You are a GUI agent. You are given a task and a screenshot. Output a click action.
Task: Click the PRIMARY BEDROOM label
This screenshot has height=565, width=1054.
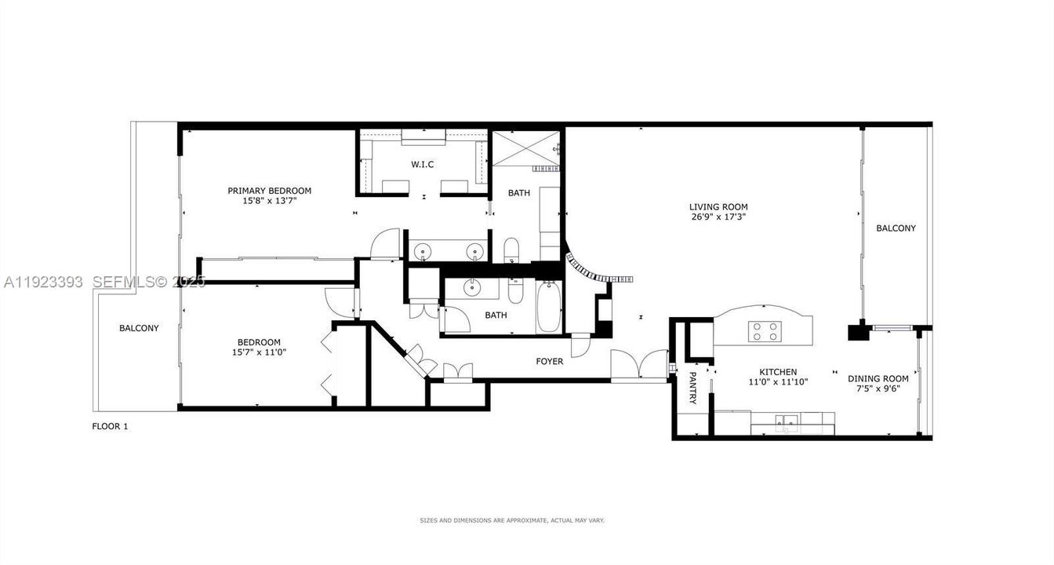click(x=269, y=191)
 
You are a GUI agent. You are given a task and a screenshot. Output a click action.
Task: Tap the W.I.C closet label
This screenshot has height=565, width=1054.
click(x=423, y=164)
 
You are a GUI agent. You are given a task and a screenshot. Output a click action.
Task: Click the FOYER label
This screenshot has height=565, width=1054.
click(x=549, y=362)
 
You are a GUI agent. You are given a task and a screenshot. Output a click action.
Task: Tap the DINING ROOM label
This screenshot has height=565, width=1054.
click(x=878, y=378)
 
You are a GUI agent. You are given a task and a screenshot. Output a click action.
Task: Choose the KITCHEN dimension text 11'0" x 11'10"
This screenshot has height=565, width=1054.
click(x=777, y=382)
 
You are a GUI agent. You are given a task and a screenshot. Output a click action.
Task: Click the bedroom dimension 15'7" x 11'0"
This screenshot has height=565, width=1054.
click(x=259, y=352)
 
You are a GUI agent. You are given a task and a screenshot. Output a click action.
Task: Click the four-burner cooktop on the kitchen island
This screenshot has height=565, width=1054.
click(x=765, y=332)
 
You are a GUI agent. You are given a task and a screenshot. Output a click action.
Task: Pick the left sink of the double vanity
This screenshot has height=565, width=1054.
click(x=423, y=251)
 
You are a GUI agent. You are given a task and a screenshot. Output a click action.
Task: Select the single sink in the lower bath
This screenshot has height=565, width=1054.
click(x=472, y=287)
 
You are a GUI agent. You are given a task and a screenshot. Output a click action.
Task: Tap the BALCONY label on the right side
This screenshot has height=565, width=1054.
click(x=896, y=228)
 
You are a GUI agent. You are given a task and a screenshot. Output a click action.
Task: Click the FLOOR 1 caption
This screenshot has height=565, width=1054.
click(x=110, y=426)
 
